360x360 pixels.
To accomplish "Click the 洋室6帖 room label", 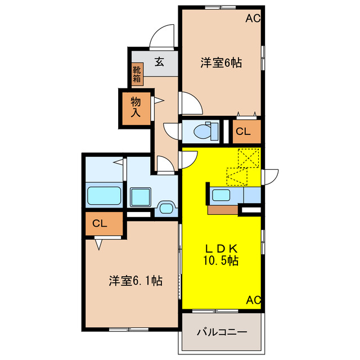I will [x=222, y=64].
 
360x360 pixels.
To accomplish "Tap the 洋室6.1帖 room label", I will [x=136, y=280].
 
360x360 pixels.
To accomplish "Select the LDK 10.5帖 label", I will [x=221, y=254].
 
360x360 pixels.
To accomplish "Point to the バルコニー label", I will [x=222, y=332].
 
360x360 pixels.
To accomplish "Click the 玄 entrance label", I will [x=159, y=62].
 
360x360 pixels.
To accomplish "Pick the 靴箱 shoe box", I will [x=137, y=74].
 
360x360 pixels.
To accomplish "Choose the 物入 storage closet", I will [x=136, y=107].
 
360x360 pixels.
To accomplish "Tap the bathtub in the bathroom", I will [x=104, y=197].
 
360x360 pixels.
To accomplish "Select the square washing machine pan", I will [x=141, y=198].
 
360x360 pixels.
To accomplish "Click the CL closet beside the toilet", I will [x=243, y=132].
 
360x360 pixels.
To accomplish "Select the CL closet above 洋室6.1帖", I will [x=100, y=223].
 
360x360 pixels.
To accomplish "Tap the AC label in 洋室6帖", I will [x=253, y=19].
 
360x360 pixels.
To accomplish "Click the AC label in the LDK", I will [x=254, y=300].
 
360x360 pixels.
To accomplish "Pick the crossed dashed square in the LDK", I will [x=247, y=157].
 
